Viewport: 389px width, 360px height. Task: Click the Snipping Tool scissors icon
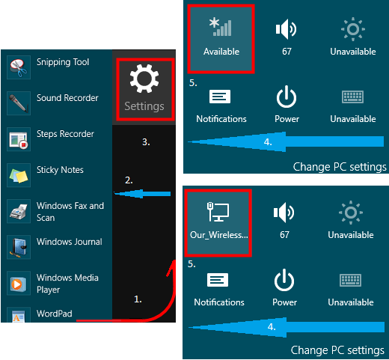point(19,67)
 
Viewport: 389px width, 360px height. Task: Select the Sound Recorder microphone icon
point(19,103)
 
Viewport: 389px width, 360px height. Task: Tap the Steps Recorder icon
point(19,139)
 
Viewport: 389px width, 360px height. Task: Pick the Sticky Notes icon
point(19,175)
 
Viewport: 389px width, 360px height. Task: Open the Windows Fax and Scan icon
point(19,211)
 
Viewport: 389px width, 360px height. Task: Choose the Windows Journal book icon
point(19,247)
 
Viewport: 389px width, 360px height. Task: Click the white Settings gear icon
point(144,79)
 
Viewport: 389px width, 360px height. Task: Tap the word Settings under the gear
point(144,106)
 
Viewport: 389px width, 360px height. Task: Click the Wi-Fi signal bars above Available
point(221,27)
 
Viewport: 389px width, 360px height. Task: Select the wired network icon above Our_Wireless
point(218,212)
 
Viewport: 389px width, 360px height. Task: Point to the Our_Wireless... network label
point(219,235)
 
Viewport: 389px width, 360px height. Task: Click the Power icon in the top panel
point(287,97)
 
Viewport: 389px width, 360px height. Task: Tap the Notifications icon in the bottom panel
point(218,280)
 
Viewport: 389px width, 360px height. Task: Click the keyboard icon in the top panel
point(352,97)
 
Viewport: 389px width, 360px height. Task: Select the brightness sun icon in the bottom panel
point(351,213)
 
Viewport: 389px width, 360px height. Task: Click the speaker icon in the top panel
point(286,29)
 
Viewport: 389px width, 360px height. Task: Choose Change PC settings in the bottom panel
point(337,350)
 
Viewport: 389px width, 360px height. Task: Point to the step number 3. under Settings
point(146,142)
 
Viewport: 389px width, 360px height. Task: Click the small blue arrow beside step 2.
point(142,194)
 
